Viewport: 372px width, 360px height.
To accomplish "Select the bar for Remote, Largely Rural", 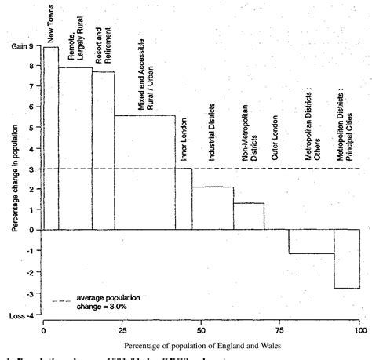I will point(75,148).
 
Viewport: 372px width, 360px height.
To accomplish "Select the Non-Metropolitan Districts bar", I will point(249,216).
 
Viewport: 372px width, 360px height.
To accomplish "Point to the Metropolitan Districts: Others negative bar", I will point(311,242).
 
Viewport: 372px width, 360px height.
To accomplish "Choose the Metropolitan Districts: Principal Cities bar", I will point(347,259).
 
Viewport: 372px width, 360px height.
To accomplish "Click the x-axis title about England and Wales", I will point(201,343).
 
